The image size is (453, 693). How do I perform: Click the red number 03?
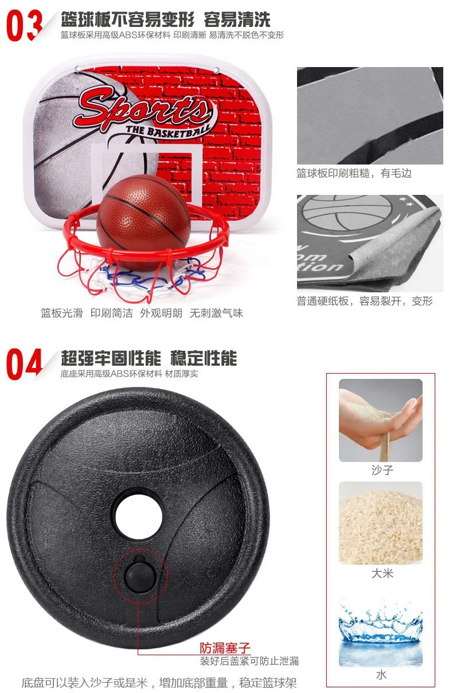click(24, 25)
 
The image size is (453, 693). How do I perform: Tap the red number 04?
click(24, 364)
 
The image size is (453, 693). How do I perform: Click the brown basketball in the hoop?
click(143, 222)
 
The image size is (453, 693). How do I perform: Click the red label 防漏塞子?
click(225, 647)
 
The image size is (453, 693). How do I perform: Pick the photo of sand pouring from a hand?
click(381, 420)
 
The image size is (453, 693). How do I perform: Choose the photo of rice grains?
click(381, 523)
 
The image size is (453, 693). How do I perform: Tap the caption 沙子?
click(382, 470)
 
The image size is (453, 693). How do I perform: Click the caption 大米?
click(382, 573)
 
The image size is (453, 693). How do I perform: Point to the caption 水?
click(381, 675)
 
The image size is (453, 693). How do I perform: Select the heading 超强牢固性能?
click(111, 358)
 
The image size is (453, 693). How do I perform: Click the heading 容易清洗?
click(237, 19)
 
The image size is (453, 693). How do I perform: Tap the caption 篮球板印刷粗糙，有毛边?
click(354, 173)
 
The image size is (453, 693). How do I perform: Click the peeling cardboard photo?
click(370, 243)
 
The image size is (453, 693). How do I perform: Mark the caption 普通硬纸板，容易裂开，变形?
click(365, 301)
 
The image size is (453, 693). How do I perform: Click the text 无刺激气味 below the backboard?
click(216, 313)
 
